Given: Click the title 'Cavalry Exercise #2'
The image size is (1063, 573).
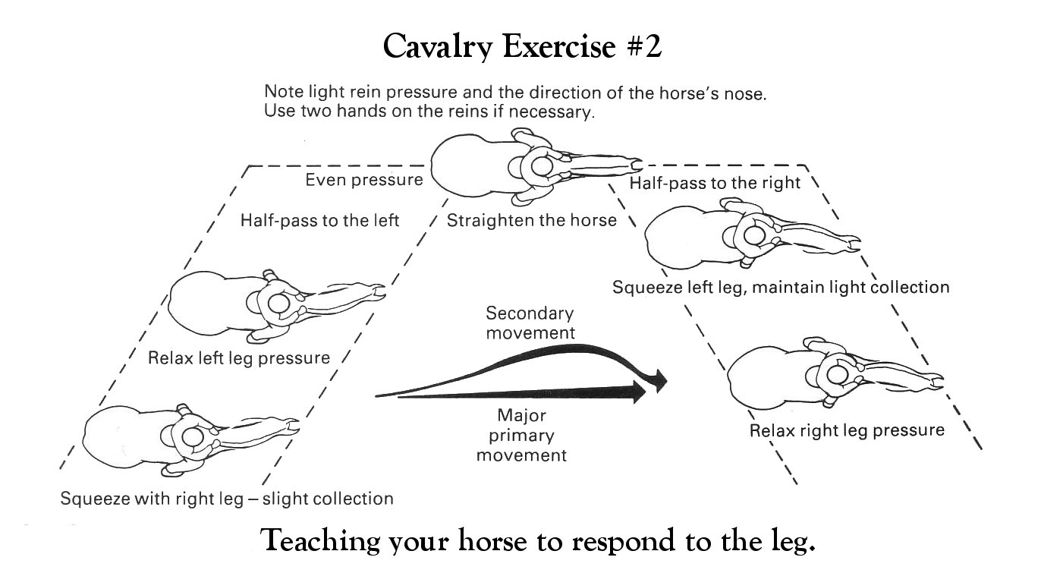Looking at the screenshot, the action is (522, 46).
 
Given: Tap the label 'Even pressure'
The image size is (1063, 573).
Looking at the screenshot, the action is (364, 180).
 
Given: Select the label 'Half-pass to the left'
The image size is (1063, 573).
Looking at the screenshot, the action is (319, 221).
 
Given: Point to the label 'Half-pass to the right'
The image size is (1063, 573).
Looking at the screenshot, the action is (715, 183).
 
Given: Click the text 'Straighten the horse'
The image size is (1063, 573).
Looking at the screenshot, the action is (531, 220).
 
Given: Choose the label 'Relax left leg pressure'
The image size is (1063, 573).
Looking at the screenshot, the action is (239, 358).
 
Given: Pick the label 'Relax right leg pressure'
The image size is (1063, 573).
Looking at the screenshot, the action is (847, 430).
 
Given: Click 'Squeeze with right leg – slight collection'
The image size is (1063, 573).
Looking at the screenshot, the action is (227, 499).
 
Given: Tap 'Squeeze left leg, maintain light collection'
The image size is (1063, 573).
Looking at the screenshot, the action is (781, 287).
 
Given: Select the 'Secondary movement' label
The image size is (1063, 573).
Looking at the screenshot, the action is (530, 323).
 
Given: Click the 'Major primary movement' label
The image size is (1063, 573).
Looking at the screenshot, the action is (521, 436).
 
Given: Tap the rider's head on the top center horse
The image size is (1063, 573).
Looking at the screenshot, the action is (542, 166).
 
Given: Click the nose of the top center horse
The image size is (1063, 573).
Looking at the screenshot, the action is (637, 165).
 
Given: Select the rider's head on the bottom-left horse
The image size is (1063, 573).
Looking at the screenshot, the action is (193, 436).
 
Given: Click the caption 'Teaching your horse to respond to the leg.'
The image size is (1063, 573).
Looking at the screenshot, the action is (538, 541).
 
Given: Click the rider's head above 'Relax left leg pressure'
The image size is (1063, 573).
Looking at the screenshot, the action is (278, 304).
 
